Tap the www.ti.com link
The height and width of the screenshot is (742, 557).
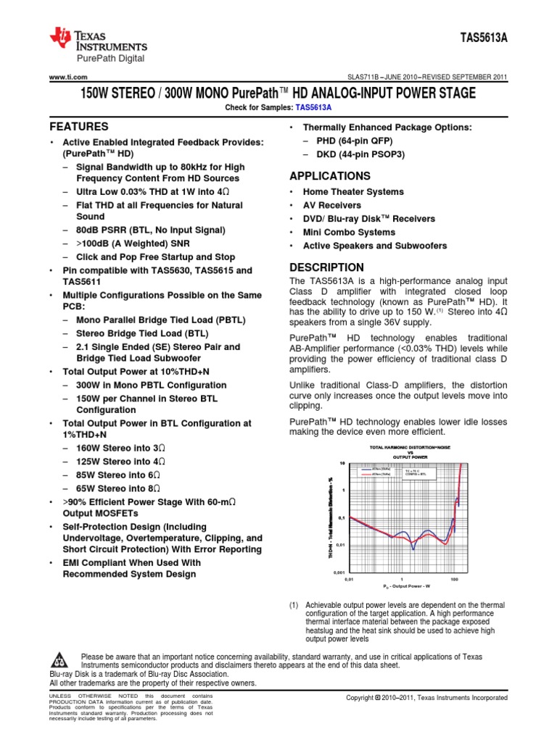point(68,78)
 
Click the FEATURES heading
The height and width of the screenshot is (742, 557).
point(79,126)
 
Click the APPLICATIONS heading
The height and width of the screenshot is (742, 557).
point(330,176)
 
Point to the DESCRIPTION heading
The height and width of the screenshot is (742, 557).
point(326,267)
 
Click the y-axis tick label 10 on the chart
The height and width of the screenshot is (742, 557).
point(342,463)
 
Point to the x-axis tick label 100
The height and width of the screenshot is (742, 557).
point(454,580)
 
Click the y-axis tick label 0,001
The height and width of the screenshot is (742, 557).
point(339,572)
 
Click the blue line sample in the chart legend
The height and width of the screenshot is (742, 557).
point(366,470)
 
